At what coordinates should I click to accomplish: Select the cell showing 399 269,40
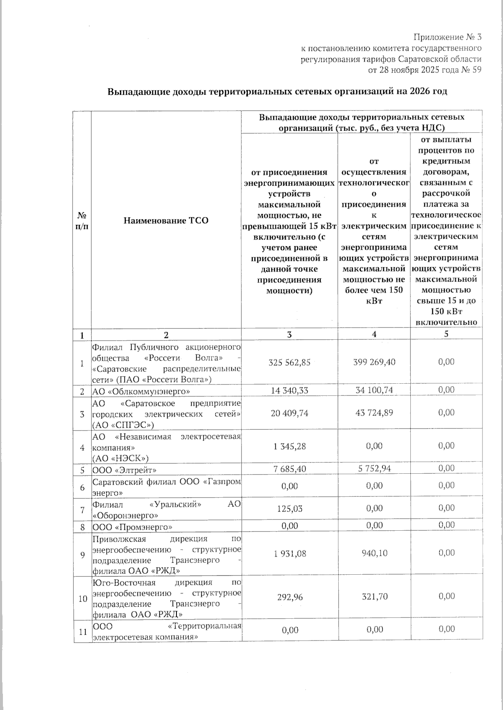click(x=374, y=362)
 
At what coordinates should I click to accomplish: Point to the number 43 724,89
click(x=374, y=413)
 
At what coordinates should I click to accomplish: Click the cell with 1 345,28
click(x=289, y=447)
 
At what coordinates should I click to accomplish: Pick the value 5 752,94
click(x=374, y=468)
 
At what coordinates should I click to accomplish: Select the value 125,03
click(x=289, y=509)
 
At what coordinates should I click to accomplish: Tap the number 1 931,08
click(x=289, y=553)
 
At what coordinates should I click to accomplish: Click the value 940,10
click(x=374, y=553)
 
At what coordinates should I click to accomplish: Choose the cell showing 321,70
click(x=374, y=596)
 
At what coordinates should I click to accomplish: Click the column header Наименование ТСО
click(x=166, y=220)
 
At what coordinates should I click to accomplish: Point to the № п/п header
click(x=82, y=220)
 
